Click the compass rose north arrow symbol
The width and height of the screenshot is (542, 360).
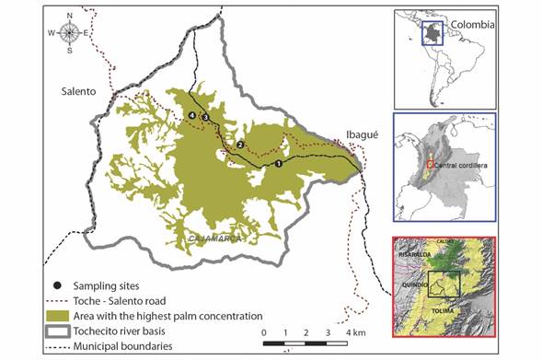[x=69, y=33]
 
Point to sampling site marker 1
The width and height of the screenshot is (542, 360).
[x=278, y=164]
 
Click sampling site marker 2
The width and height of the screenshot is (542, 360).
[x=240, y=145]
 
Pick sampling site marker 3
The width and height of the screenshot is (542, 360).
[x=205, y=115]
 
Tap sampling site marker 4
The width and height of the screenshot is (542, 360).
[x=191, y=115]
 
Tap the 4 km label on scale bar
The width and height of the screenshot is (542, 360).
[x=354, y=331]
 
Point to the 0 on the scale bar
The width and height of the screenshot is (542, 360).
[x=264, y=331]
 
